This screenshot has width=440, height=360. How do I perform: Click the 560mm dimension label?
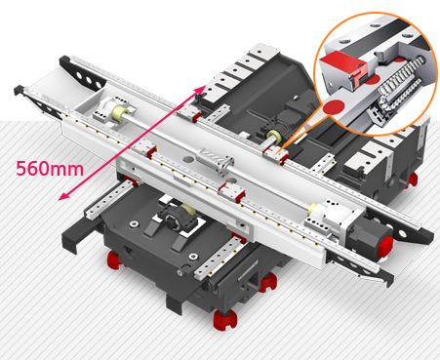(x=50, y=169)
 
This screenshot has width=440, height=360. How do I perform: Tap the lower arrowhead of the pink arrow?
(x=63, y=196)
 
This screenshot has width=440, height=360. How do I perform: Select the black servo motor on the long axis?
(x=368, y=235)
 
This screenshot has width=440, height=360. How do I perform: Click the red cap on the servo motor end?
(x=385, y=246)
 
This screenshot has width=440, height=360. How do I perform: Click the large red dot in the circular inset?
(x=335, y=106)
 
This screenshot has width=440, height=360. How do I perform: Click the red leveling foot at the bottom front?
(x=225, y=320)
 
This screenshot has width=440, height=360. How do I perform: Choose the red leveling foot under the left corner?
(x=114, y=260)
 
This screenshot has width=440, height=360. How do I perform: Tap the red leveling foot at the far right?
(x=413, y=180)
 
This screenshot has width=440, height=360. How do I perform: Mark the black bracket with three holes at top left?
(x=82, y=73)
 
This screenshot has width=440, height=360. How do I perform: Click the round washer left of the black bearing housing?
(x=134, y=223)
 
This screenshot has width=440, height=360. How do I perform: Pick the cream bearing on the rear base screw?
(x=274, y=136)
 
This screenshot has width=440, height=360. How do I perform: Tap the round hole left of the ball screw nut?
(x=188, y=159)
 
